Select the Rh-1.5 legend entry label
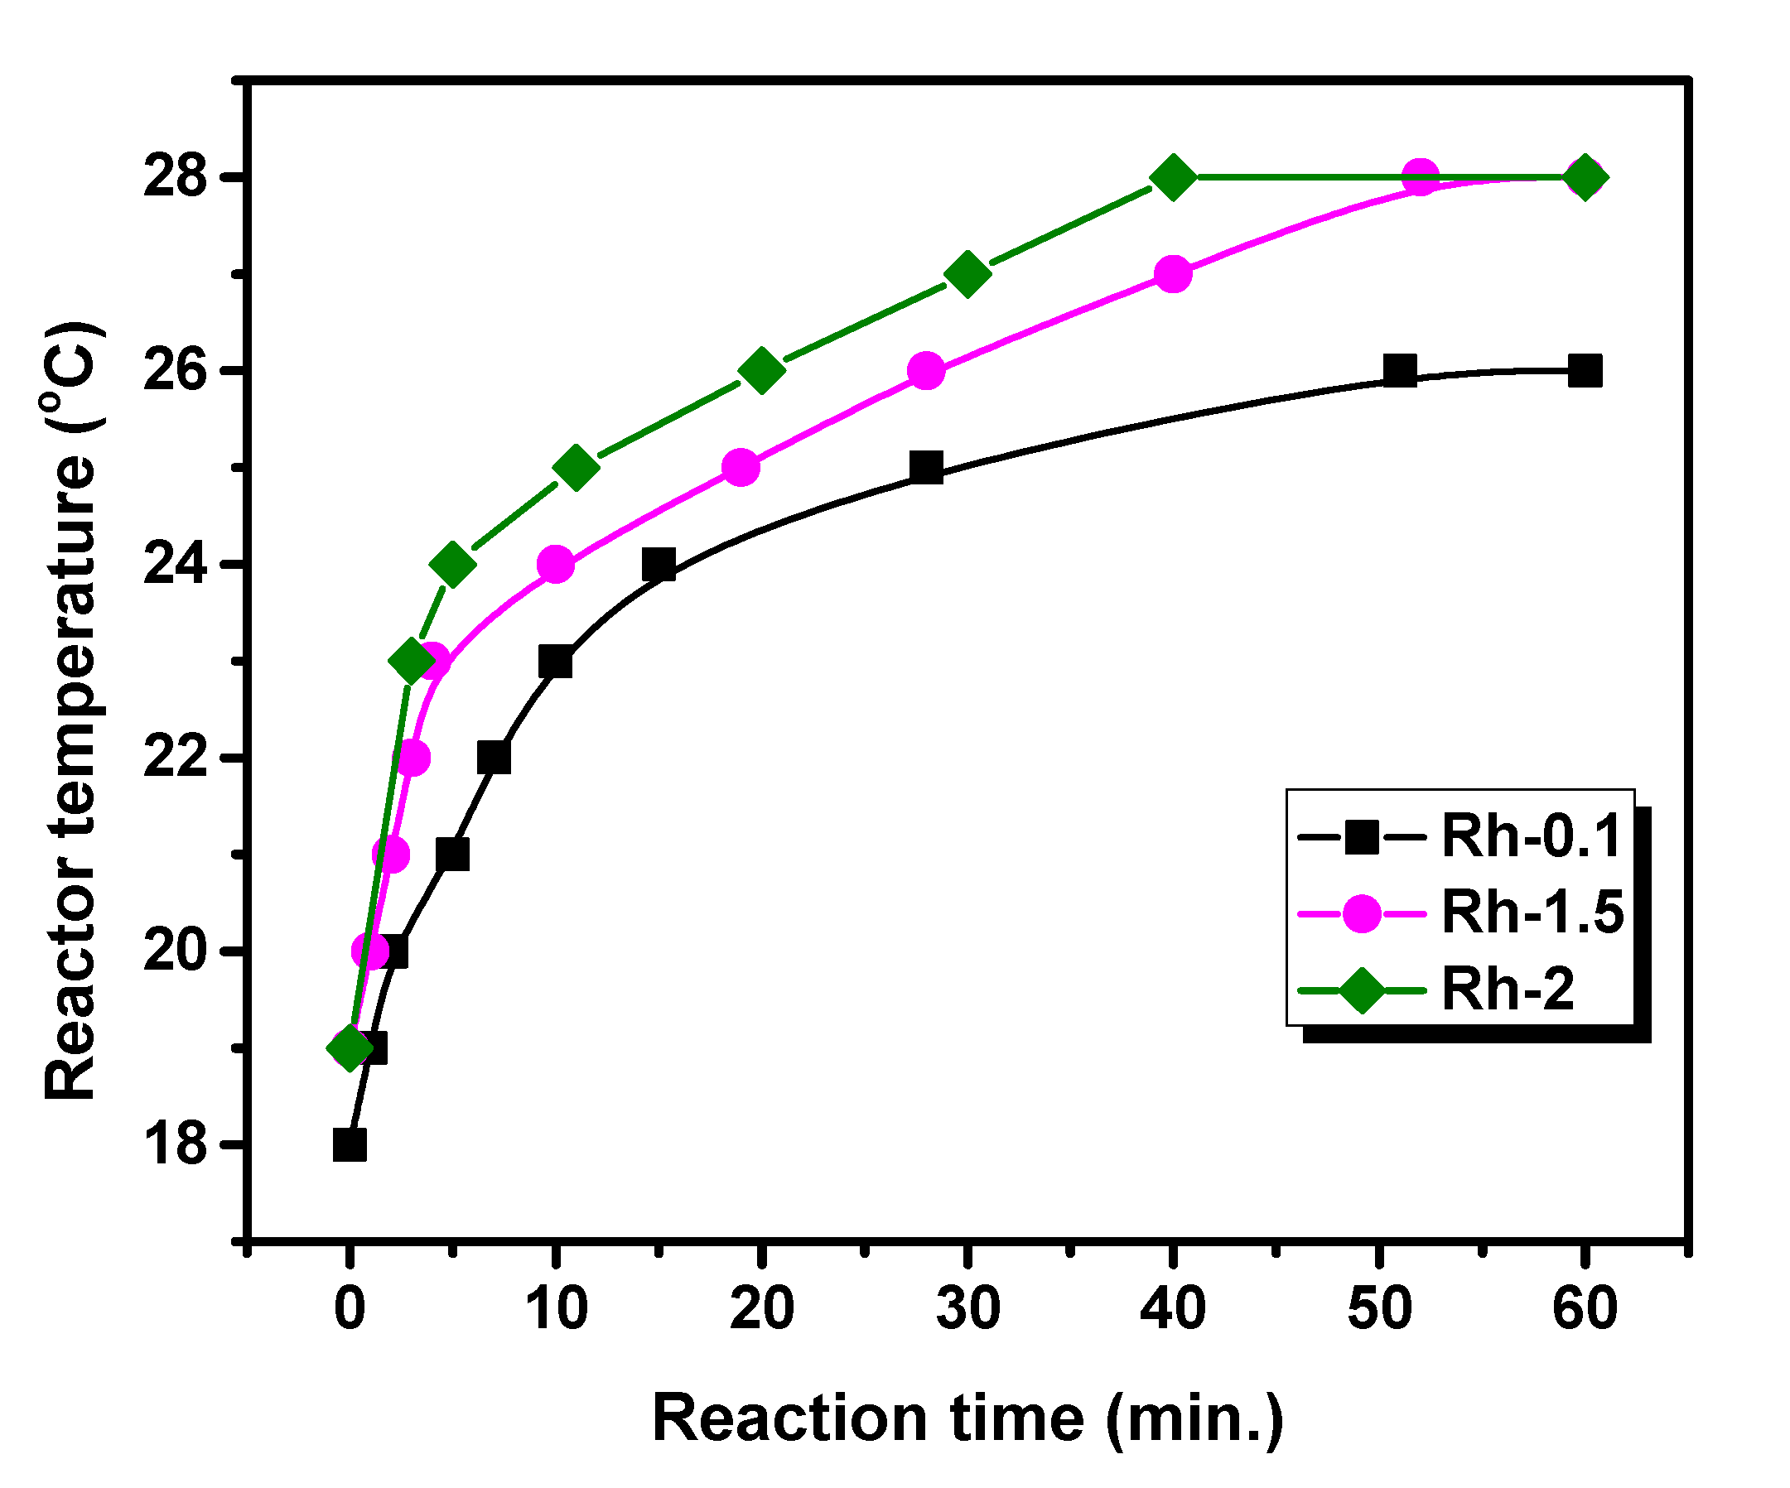tap(1532, 912)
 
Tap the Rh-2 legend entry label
tap(1507, 989)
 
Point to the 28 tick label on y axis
tap(175, 177)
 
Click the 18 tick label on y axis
tap(175, 1144)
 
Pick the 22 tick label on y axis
tap(175, 758)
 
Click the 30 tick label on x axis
tap(967, 1308)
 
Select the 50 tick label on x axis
tap(1379, 1308)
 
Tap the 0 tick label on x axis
tap(350, 1308)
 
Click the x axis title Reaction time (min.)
tap(967, 1419)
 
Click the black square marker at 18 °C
tap(350, 1144)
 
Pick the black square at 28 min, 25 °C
tap(927, 468)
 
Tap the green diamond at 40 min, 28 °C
tap(1173, 177)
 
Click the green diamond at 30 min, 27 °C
tap(967, 273)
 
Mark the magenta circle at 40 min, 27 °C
tap(1173, 273)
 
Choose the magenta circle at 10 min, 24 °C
tap(556, 564)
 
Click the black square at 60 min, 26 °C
tap(1585, 372)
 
